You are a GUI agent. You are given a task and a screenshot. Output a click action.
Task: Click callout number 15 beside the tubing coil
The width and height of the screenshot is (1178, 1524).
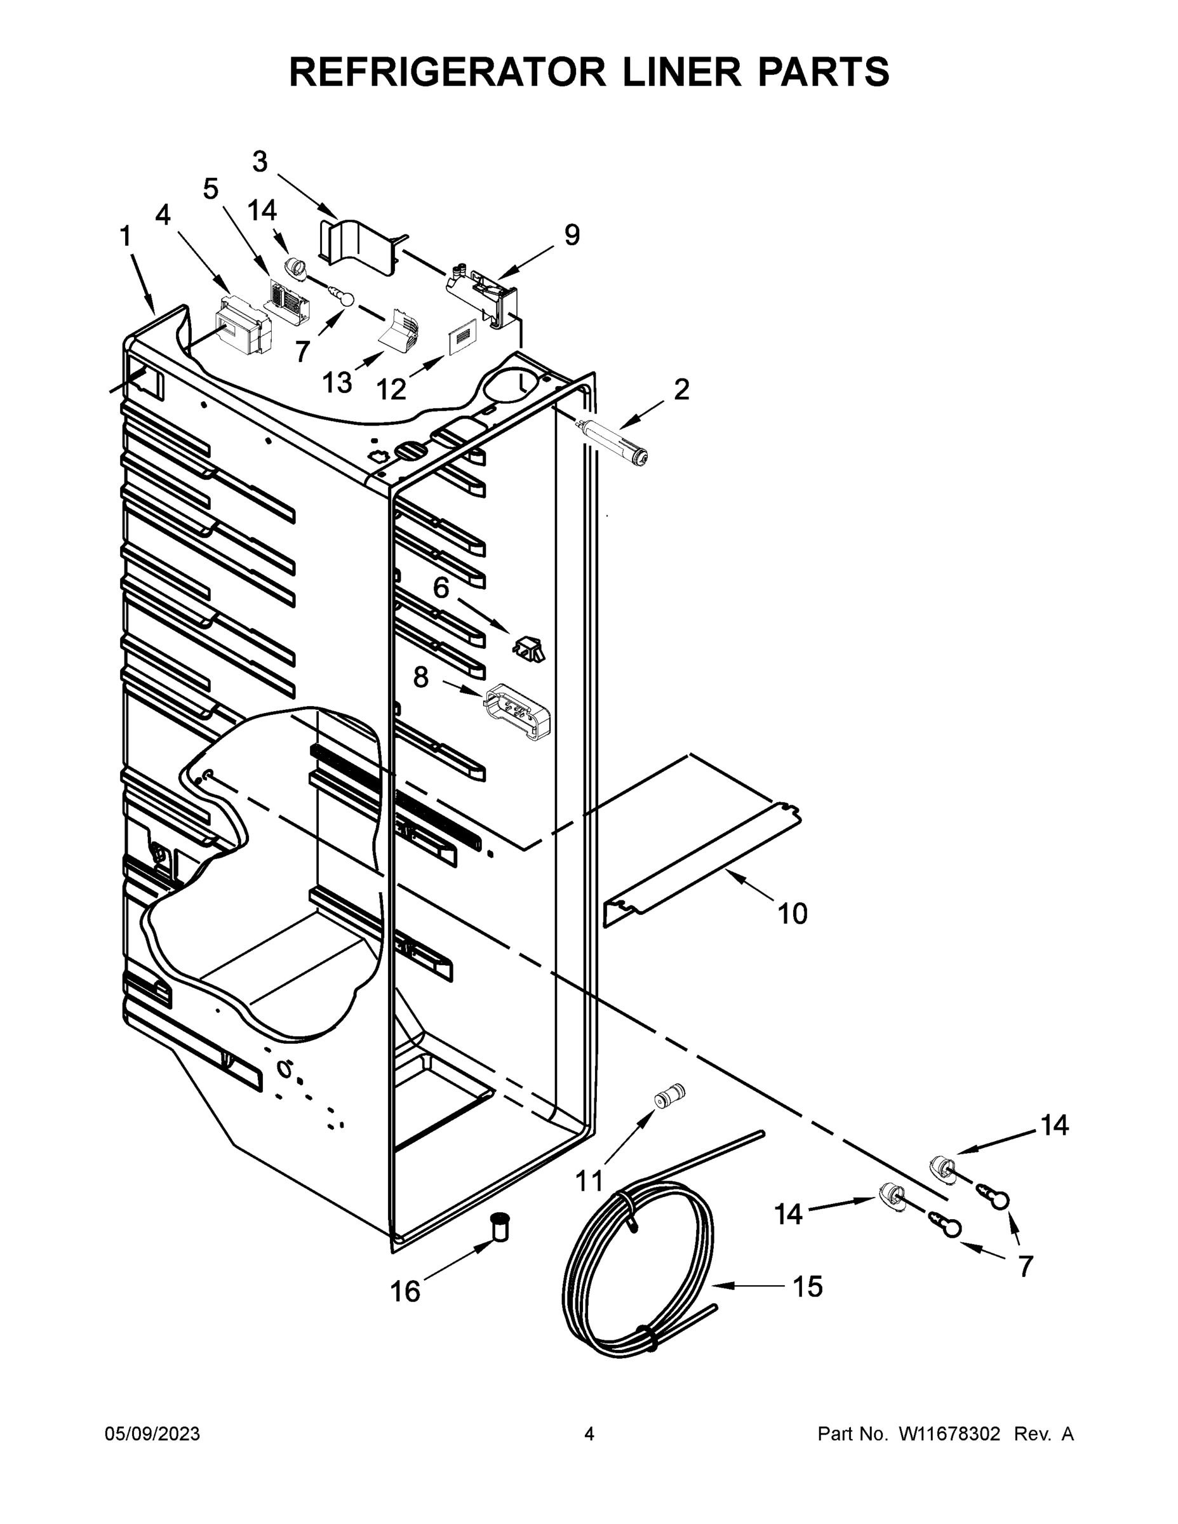(x=807, y=1286)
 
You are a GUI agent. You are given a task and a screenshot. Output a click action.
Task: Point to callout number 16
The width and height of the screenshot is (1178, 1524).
(x=405, y=1292)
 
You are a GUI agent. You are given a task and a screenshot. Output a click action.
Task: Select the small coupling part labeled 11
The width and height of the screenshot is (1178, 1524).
(x=669, y=1095)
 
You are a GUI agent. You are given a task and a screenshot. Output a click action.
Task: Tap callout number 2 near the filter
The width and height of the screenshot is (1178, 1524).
(x=681, y=389)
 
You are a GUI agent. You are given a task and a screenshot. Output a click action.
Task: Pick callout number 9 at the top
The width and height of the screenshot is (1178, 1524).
(x=572, y=235)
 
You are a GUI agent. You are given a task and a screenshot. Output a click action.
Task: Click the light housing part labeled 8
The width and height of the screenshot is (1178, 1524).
(x=517, y=711)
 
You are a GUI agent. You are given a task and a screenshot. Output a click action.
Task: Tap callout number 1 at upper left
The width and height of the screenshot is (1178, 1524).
(x=126, y=237)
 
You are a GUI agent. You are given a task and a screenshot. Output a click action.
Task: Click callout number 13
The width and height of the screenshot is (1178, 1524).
(x=337, y=382)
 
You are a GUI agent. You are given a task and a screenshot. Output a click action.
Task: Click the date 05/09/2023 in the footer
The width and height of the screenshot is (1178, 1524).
(x=152, y=1433)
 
